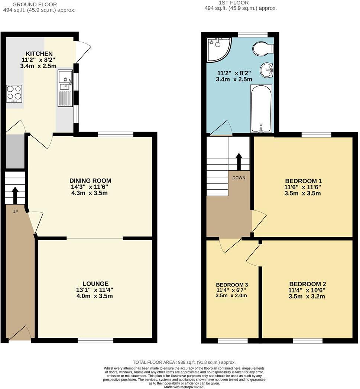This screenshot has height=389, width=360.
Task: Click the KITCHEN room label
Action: coord(39,54)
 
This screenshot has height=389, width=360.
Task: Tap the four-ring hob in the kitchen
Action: coord(14,94)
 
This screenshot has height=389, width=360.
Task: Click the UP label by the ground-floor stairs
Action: coord(15,212)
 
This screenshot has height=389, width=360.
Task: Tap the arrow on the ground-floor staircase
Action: coord(15,195)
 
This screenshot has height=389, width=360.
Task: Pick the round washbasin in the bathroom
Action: coord(266,70)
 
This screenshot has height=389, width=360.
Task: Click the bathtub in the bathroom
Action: coord(261,108)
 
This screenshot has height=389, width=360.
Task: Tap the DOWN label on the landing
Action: coord(239,178)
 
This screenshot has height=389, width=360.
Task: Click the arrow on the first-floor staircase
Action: coord(239,161)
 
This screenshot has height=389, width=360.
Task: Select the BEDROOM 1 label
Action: coord(300,181)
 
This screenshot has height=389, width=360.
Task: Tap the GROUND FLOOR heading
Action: coord(35,4)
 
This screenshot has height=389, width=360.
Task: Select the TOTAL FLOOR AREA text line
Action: coord(184,362)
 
